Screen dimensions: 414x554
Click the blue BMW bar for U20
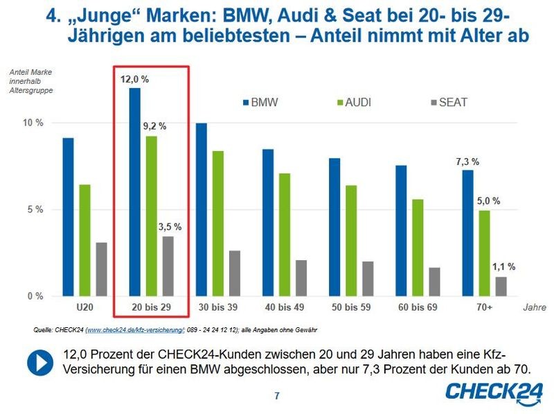tap(68, 217)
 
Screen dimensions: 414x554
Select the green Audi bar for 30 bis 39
tap(217, 223)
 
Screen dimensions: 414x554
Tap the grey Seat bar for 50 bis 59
tap(368, 279)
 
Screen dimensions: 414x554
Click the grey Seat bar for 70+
tap(501, 286)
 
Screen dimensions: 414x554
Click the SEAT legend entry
tap(448, 103)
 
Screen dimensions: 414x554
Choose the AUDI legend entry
tap(353, 103)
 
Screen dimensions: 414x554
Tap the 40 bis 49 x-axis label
tap(285, 307)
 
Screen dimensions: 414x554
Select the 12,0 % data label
tap(134, 79)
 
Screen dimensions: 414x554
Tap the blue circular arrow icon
tap(38, 362)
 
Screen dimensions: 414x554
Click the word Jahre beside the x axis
tap(534, 307)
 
